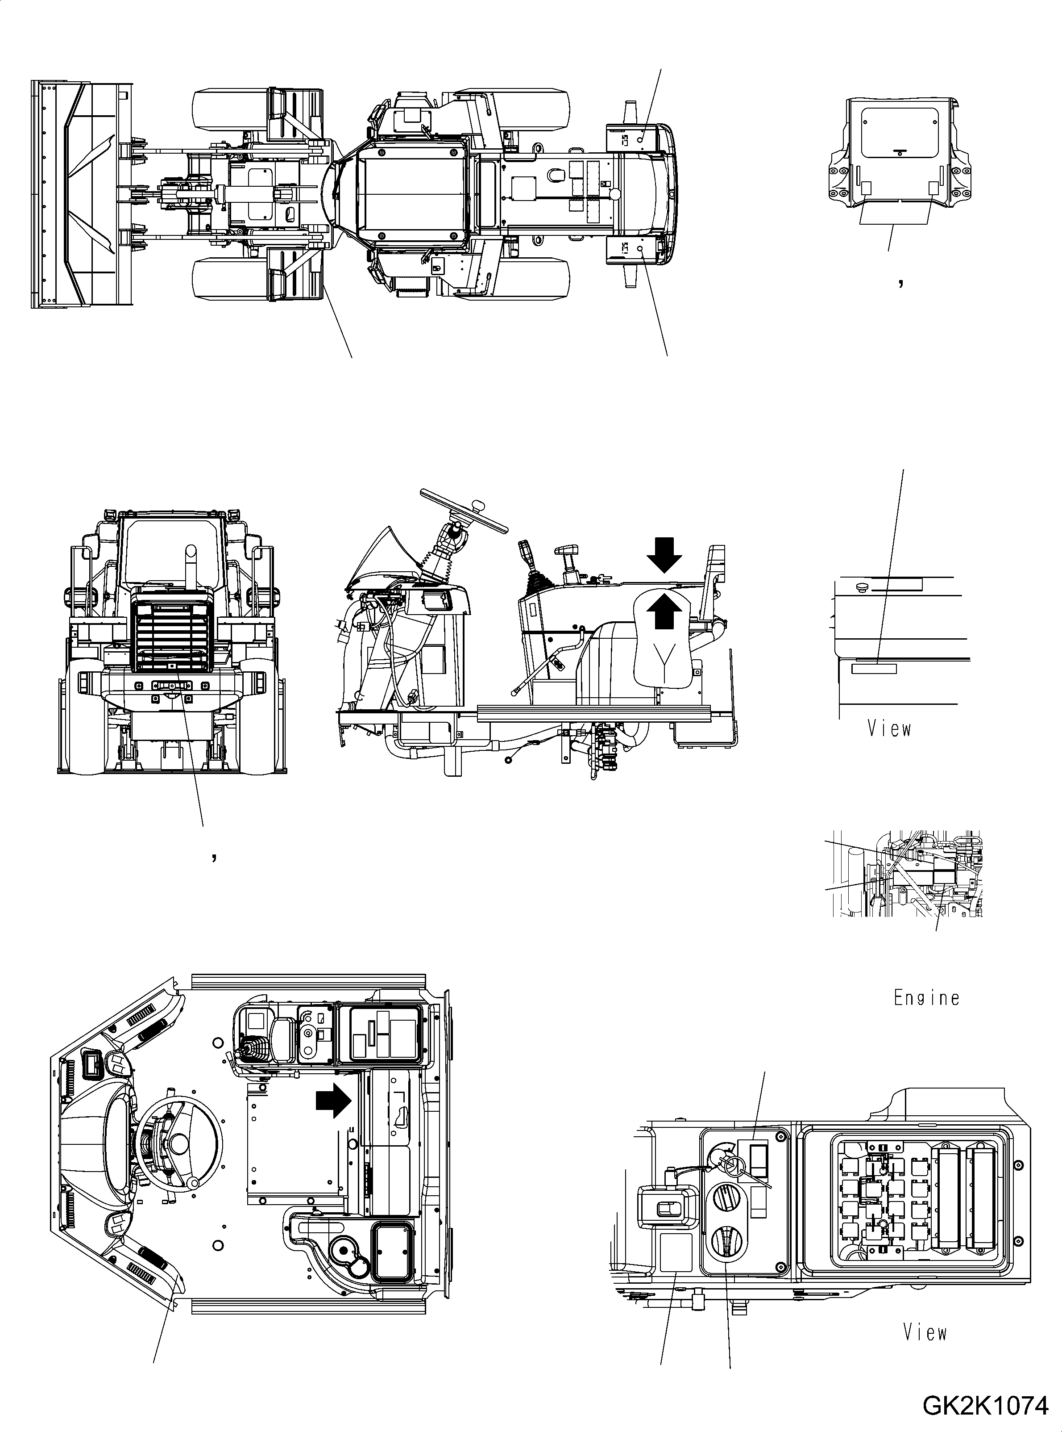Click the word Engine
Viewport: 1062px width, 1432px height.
tap(926, 998)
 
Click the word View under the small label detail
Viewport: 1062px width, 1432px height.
tap(888, 729)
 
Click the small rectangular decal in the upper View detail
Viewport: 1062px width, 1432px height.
tap(873, 670)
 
